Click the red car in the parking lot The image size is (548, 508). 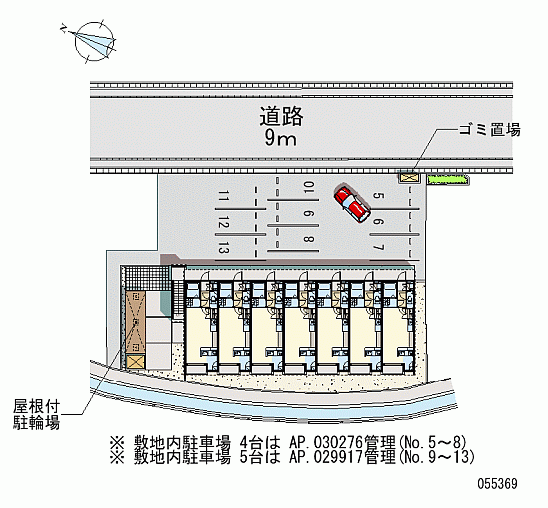click(352, 205)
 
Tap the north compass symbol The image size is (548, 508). click(94, 41)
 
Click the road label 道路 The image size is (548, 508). click(281, 116)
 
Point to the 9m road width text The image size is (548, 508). click(280, 139)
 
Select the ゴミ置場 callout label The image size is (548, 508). click(489, 129)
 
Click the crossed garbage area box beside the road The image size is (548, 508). click(409, 177)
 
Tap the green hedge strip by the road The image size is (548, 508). click(448, 179)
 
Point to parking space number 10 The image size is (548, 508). click(309, 187)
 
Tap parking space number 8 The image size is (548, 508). click(309, 239)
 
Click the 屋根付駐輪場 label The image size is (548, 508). click(36, 414)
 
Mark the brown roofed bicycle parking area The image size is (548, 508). click(136, 321)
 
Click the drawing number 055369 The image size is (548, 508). click(497, 484)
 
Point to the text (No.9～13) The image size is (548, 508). click(435, 457)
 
